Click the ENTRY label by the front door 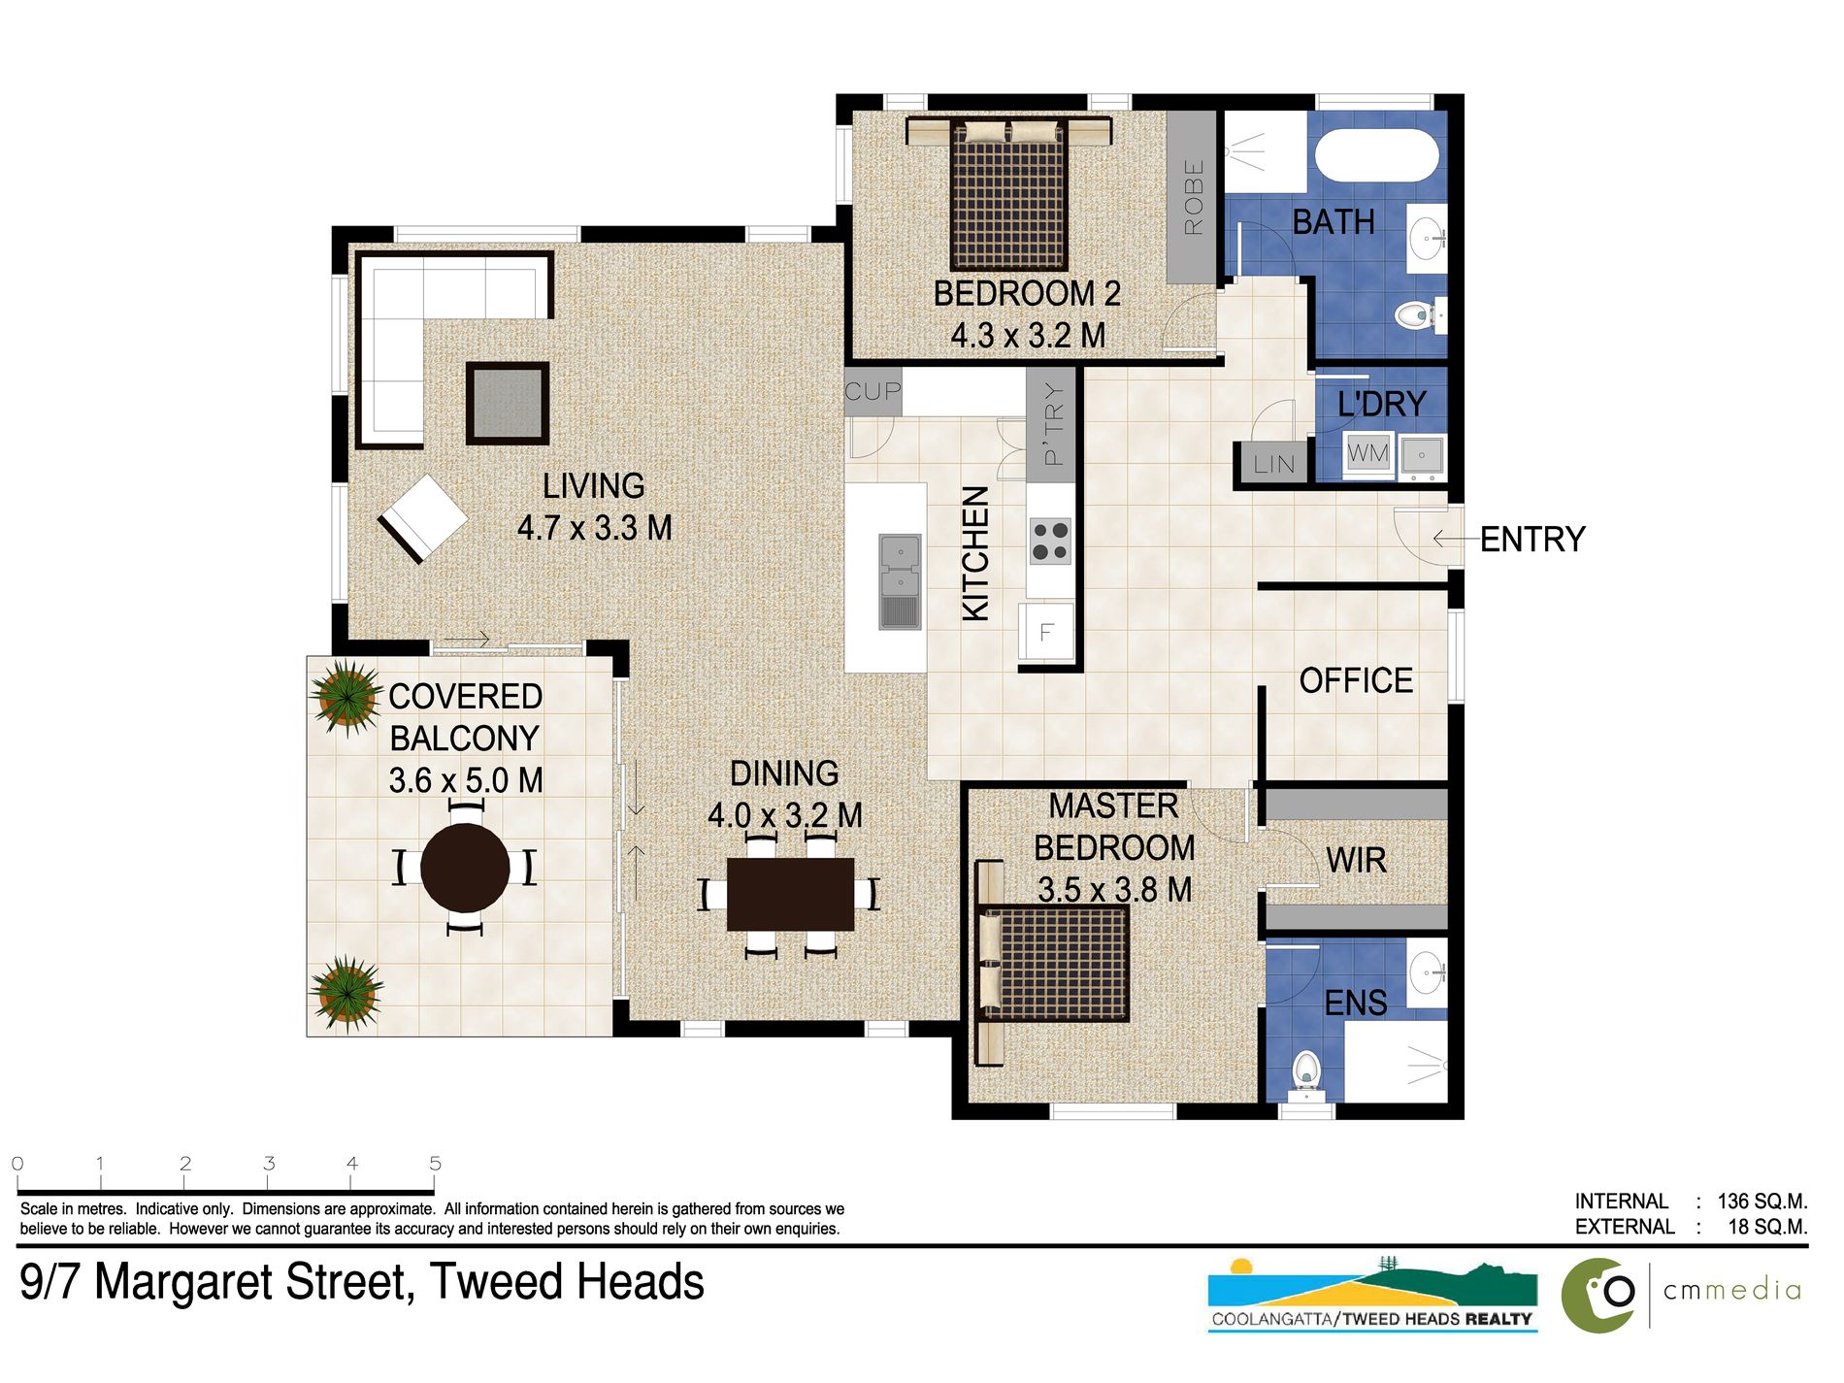[x=1531, y=539]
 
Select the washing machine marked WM [x=1367, y=453]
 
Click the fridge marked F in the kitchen [x=1046, y=632]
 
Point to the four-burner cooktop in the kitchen [x=1049, y=542]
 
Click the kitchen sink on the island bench [x=900, y=580]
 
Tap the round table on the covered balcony [x=465, y=867]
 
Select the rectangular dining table [x=790, y=894]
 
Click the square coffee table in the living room [x=507, y=403]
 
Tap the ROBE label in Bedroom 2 [x=1193, y=197]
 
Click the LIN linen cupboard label [x=1273, y=464]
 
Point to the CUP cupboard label [x=873, y=391]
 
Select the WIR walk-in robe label [x=1356, y=860]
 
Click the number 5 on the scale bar [x=435, y=1163]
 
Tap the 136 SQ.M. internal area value [x=1762, y=1202]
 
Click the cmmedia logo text [x=1731, y=1290]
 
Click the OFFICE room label [x=1356, y=680]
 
